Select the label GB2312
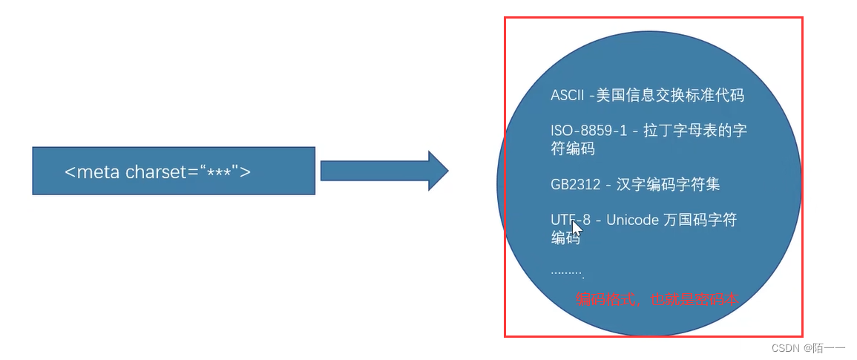tap(576, 185)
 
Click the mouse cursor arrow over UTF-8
tap(577, 226)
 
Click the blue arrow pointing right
tap(384, 171)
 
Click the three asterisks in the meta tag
tap(219, 172)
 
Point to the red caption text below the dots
tap(655, 300)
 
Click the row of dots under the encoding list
tap(568, 272)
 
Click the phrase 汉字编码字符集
tap(668, 185)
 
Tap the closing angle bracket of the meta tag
tap(246, 172)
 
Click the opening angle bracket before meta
tap(70, 173)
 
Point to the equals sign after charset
tap(194, 173)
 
